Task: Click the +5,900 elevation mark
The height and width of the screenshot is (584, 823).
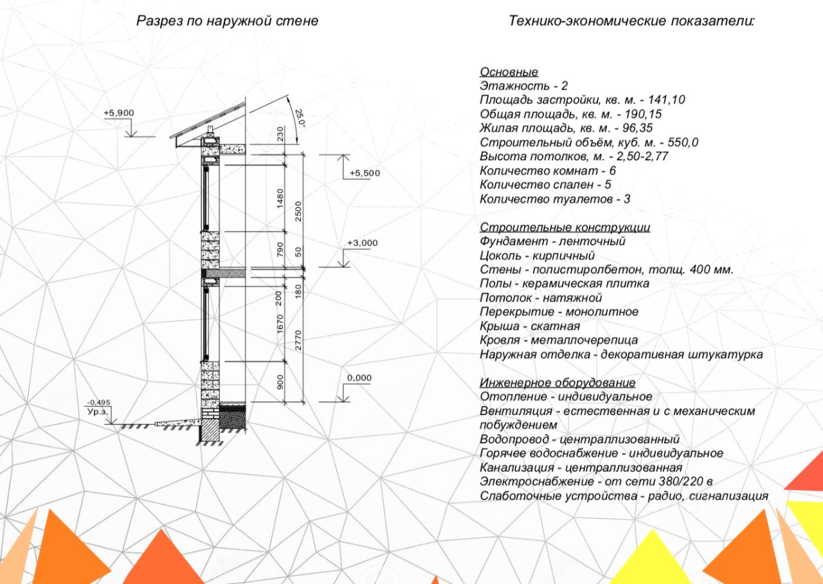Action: point(118,113)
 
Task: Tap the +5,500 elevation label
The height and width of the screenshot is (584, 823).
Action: point(365,173)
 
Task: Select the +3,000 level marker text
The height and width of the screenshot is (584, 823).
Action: point(363,243)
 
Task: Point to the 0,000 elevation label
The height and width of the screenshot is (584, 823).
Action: point(359,378)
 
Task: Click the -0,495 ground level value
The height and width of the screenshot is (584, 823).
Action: point(98,403)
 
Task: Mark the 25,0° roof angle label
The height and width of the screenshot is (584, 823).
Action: point(300,118)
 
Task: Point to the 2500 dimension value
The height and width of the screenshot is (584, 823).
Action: point(298,211)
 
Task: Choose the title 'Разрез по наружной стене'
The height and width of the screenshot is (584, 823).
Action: point(227,21)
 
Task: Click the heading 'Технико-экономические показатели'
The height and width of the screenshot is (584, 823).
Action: point(631,21)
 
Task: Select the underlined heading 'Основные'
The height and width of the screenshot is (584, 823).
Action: point(509,72)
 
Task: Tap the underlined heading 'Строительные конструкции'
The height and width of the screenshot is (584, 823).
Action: point(565,228)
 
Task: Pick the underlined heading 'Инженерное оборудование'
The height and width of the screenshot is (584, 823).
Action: point(557,383)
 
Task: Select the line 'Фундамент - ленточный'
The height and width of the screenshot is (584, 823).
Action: point(552,242)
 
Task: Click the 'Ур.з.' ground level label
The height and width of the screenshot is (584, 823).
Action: point(97,412)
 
